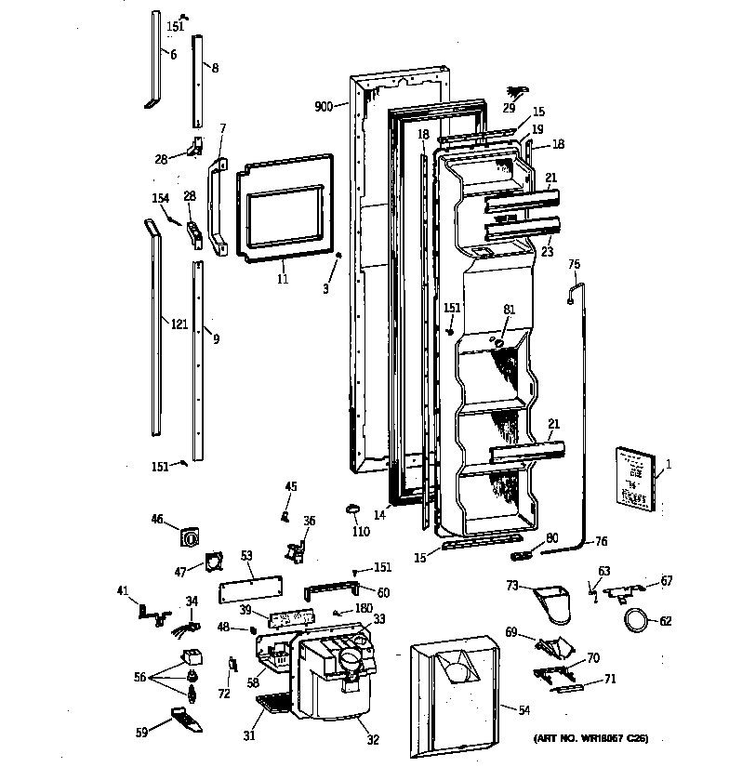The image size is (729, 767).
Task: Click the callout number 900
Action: point(324,108)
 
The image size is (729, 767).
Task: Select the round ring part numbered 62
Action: point(637,620)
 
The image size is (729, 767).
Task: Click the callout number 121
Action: point(179,324)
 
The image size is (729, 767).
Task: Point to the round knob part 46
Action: point(189,536)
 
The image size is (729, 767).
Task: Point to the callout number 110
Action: point(361,532)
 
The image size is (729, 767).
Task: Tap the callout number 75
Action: point(574,265)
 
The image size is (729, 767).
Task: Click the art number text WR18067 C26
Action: point(590,739)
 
